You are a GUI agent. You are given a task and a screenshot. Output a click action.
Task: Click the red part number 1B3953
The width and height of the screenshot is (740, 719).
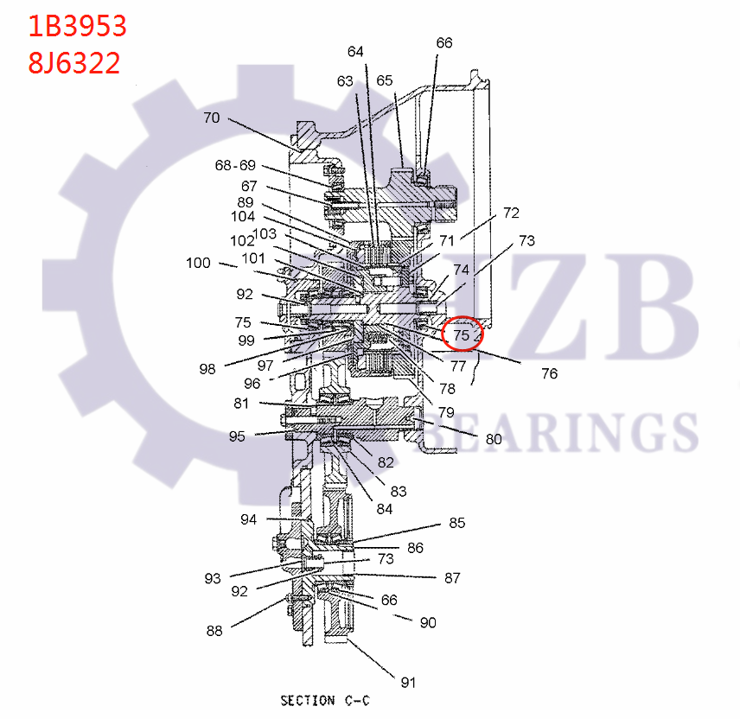point(78,26)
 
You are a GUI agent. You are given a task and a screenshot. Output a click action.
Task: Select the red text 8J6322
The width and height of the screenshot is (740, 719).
point(74,63)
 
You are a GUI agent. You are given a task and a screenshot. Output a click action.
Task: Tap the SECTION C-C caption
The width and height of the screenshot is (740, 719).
point(325,700)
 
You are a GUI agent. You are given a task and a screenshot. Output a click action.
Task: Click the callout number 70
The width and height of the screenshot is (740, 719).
point(212,118)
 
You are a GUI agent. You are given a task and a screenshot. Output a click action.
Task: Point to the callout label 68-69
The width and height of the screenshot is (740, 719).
point(235,165)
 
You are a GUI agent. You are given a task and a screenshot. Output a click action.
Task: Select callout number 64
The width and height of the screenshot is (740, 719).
point(356,52)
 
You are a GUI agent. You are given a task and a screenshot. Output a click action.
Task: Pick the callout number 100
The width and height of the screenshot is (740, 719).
point(199,263)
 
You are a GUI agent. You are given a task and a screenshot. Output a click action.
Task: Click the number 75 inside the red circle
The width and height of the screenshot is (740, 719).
point(462,334)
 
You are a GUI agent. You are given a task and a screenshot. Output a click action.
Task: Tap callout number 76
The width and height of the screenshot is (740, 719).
point(549,373)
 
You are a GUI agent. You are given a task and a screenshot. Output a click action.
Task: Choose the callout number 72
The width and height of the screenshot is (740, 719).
point(511,213)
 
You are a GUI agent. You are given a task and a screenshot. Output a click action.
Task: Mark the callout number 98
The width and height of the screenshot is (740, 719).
point(207,369)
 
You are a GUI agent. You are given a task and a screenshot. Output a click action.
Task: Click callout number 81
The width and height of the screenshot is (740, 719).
point(240,404)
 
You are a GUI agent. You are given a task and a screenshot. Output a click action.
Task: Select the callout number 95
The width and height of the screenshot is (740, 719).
point(237,436)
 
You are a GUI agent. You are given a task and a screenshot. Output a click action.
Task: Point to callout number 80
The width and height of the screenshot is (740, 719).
point(493,439)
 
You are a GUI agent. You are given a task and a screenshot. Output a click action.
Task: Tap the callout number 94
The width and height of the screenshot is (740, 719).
point(249,519)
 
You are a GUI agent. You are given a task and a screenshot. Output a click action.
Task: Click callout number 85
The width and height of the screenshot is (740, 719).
point(456,523)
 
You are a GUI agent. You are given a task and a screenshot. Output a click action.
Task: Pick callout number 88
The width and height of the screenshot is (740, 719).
point(214,631)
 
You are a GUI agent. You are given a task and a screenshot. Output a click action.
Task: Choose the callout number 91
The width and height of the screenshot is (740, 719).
point(408,682)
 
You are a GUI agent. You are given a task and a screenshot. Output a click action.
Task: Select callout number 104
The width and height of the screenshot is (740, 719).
point(243,217)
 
